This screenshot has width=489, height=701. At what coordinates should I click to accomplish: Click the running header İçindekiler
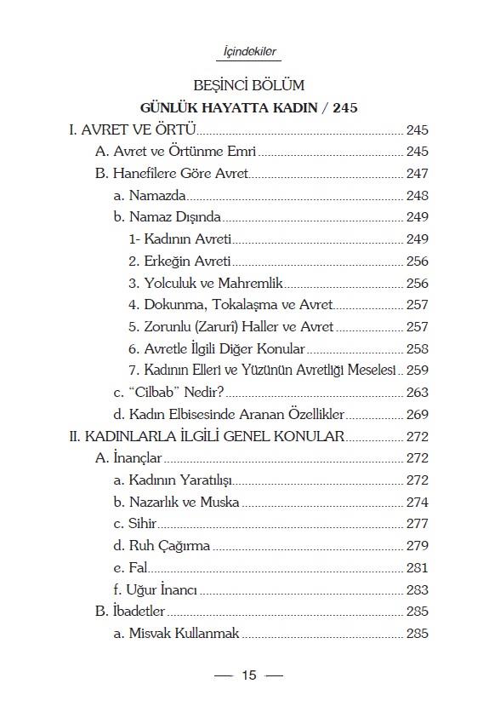244,52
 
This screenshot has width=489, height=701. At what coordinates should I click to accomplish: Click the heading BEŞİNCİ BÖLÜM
249,86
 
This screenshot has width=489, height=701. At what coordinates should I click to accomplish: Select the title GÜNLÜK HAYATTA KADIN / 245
248,108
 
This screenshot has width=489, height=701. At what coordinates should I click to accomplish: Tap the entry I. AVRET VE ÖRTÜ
133,130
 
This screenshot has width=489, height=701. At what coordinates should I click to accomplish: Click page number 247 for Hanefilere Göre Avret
417,174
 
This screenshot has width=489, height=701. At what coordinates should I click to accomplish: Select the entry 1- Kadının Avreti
180,239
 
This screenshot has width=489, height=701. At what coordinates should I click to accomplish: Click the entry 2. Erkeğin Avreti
179,261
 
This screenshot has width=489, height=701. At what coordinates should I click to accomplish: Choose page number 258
417,348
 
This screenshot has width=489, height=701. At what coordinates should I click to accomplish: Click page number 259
417,371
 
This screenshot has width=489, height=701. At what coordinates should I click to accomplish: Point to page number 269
417,415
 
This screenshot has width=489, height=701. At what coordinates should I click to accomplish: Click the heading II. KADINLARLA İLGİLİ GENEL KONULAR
206,436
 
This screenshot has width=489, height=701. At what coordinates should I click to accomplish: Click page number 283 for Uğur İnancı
417,589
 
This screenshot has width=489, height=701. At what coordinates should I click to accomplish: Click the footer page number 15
248,675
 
